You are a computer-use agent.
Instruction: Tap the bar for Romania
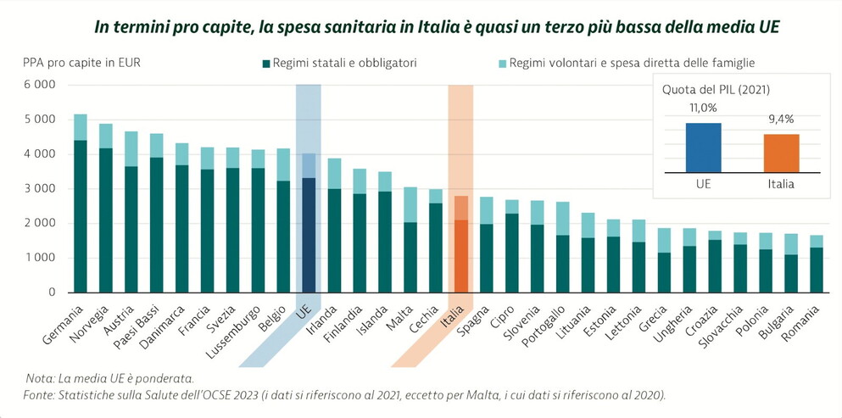817,264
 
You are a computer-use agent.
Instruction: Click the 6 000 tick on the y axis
39,85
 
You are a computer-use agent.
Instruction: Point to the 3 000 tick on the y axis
39,188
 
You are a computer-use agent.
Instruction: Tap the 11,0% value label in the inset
703,108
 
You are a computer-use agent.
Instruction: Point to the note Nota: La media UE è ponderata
109,377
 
